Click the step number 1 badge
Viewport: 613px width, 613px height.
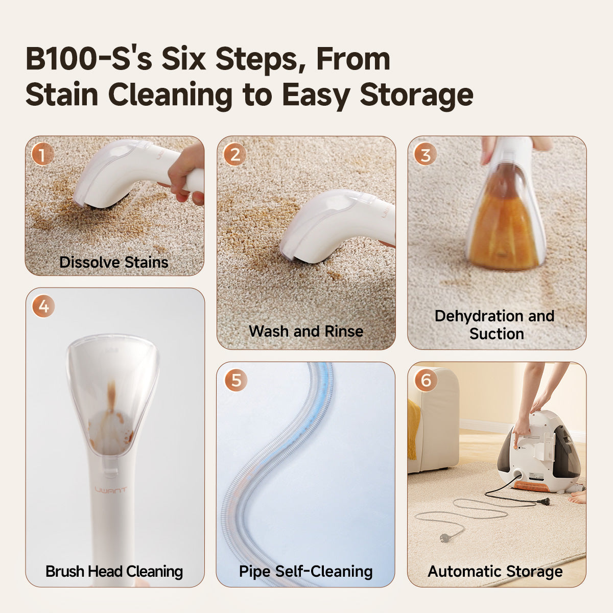point(42,154)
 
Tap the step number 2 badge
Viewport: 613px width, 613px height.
point(234,154)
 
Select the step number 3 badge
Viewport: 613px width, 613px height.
point(425,154)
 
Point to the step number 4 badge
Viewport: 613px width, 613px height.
point(43,306)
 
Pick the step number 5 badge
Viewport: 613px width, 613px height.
point(235,380)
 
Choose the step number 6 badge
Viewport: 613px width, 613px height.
point(426,380)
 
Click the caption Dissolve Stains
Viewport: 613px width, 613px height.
point(114,262)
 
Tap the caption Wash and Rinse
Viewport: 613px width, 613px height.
point(306,331)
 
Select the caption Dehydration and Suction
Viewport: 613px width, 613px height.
point(494,325)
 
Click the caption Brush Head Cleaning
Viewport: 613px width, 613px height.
point(114,571)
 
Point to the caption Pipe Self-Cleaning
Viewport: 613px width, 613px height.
point(306,571)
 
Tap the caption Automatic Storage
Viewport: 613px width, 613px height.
point(495,571)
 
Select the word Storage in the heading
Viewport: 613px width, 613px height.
point(416,95)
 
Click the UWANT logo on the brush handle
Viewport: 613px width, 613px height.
point(111,490)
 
